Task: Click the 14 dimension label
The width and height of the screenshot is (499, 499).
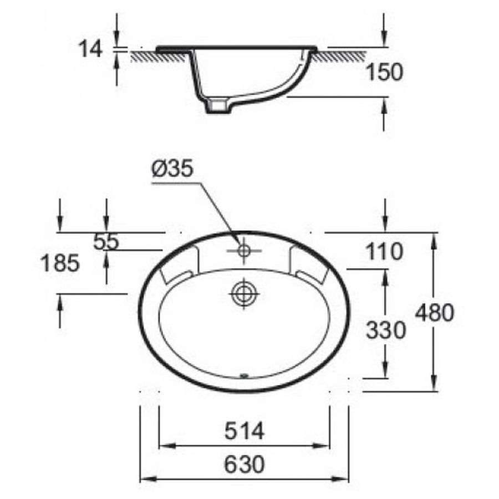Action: pyautogui.click(x=91, y=49)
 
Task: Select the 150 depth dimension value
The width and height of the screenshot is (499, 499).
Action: pyautogui.click(x=384, y=72)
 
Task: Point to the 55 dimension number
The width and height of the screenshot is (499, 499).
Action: pyautogui.click(x=106, y=242)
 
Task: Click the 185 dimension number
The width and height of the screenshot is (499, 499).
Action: pyautogui.click(x=60, y=263)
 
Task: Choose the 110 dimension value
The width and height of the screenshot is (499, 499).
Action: pyautogui.click(x=384, y=251)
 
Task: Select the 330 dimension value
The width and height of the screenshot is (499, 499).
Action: pyautogui.click(x=386, y=330)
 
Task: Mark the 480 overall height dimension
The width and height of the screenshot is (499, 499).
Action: pyautogui.click(x=435, y=313)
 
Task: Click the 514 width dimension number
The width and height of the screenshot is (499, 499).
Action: pyautogui.click(x=245, y=431)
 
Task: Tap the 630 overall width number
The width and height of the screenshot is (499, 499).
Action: pyautogui.click(x=245, y=464)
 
